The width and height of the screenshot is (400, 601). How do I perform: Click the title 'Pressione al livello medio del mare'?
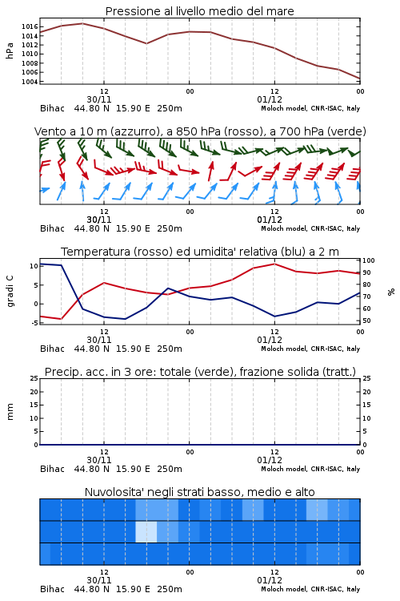pyautogui.click(x=199, y=11)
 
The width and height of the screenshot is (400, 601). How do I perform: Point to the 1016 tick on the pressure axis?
pyautogui.click(x=30, y=26)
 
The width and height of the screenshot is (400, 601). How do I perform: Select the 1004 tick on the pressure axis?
pyautogui.click(x=30, y=82)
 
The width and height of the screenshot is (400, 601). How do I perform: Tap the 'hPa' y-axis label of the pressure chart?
pyautogui.click(x=10, y=50)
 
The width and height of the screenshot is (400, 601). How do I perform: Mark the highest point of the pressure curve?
pyautogui.click(x=82, y=23)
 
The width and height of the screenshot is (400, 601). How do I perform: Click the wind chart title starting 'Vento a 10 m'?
pyautogui.click(x=200, y=131)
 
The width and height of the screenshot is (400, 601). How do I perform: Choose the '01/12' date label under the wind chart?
pyautogui.click(x=270, y=220)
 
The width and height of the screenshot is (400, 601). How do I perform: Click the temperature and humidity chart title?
pyautogui.click(x=200, y=252)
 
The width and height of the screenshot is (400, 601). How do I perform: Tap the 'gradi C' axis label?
pyautogui.click(x=10, y=291)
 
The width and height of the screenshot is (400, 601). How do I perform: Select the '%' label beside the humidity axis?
pyautogui.click(x=391, y=292)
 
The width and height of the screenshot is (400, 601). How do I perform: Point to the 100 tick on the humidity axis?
pyautogui.click(x=369, y=260)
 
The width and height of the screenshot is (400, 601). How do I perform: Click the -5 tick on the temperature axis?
pyautogui.click(x=34, y=323)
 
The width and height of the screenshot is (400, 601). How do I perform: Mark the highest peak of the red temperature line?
pyautogui.click(x=274, y=264)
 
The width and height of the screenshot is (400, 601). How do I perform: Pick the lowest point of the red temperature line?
pyautogui.click(x=62, y=319)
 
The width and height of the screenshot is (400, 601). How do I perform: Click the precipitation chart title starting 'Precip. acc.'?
pyautogui.click(x=200, y=372)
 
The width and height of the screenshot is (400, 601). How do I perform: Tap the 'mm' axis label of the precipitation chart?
pyautogui.click(x=10, y=412)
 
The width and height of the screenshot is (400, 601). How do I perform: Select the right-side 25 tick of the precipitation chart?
pyautogui.click(x=366, y=378)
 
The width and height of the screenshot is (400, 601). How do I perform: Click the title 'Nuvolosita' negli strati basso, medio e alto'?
pyautogui.click(x=200, y=492)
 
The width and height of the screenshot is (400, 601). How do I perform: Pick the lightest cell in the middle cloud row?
pyautogui.click(x=146, y=531)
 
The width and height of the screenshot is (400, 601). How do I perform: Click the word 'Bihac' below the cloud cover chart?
pyautogui.click(x=53, y=589)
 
